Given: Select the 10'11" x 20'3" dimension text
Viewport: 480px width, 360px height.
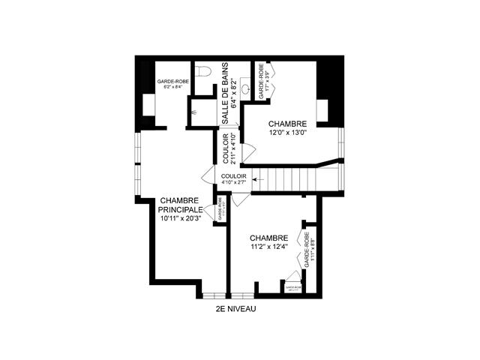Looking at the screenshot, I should tap(181, 218).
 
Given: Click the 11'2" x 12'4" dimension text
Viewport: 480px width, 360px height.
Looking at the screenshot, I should tap(268, 245).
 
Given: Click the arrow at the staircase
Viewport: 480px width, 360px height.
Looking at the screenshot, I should tap(258, 178).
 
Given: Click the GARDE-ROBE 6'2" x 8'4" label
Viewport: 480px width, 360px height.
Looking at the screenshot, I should tap(170, 83).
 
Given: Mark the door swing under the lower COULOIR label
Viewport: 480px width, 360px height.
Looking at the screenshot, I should tap(238, 199).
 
